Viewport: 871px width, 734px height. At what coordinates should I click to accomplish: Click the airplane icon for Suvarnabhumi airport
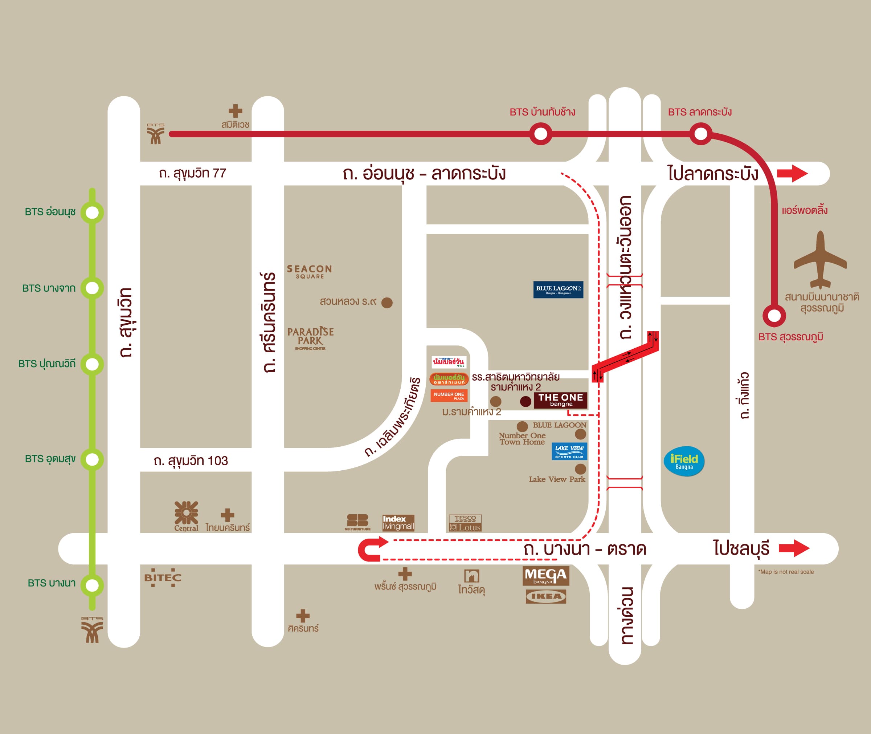820,260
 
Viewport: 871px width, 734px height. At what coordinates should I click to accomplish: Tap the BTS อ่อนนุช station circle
92,212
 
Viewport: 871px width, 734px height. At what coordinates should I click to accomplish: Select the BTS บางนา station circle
92,585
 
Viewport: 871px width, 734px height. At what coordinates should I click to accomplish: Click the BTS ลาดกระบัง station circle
700,134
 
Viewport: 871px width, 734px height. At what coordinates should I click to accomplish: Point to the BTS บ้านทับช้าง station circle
540,134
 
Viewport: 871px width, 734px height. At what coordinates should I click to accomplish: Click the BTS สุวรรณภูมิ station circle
774,315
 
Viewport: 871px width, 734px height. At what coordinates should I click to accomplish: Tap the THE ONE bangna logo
560,400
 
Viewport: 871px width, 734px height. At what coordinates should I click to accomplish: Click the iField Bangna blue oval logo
684,461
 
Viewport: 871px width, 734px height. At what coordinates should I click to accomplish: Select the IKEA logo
545,596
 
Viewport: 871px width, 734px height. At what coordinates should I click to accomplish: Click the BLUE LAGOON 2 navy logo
558,289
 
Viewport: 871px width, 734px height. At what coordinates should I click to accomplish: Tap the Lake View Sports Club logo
569,451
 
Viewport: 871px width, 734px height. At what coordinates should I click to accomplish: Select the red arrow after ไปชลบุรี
794,548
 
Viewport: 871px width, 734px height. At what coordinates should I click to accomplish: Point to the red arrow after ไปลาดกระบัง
792,173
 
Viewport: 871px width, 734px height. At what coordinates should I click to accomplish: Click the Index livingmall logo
398,523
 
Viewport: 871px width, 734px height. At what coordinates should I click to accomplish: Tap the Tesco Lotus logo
465,523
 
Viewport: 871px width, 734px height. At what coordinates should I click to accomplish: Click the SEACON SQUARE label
309,271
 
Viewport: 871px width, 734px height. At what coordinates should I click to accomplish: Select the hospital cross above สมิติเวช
235,111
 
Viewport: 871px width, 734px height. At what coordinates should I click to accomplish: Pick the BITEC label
163,577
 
